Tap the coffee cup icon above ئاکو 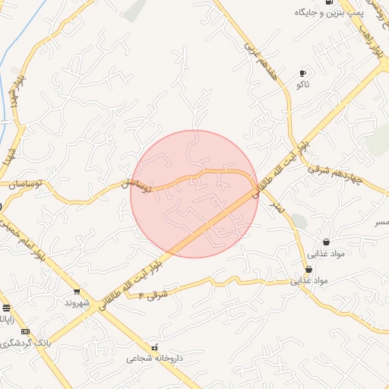coord(303,73)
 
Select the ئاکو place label coord(303,84)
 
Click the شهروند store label coord(77,302)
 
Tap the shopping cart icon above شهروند coord(77,292)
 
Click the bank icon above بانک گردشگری coord(26,331)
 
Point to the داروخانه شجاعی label coord(155,358)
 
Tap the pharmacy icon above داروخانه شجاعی coord(155,347)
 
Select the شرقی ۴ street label coord(152,293)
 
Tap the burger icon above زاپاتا coord(7,308)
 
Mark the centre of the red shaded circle coord(194,194)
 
